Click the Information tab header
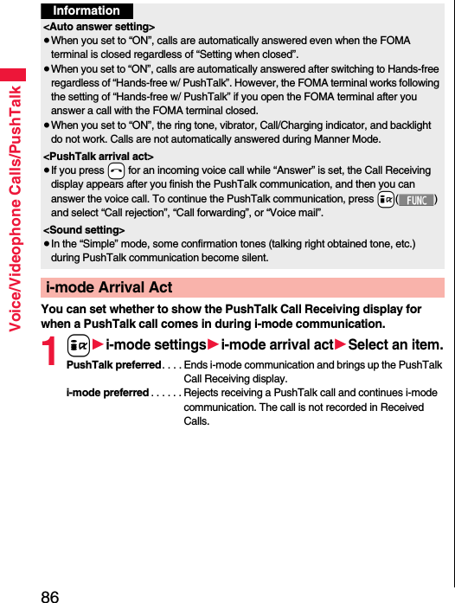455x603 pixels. click(x=87, y=10)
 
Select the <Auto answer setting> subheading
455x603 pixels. click(x=99, y=28)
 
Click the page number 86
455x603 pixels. click(x=49, y=595)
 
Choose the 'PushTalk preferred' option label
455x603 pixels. click(x=113, y=365)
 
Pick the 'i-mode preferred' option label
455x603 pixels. click(x=107, y=393)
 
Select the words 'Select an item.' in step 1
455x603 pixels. click(x=394, y=345)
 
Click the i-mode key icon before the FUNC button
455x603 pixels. click(x=385, y=199)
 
